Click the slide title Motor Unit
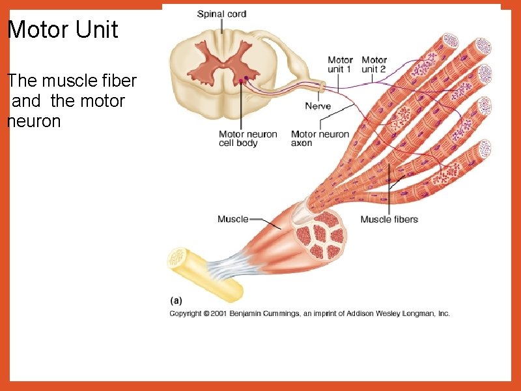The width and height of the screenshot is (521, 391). pos(63,30)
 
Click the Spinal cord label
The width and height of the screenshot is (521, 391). pos(221,14)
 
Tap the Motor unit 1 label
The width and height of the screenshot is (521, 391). pos(340,65)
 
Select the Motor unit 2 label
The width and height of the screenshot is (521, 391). pos(374,65)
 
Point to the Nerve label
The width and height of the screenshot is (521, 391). pos(318,106)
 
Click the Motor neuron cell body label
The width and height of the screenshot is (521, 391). pos(247,139)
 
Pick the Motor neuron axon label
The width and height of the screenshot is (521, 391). pos(320,139)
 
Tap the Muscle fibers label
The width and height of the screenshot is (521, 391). pos(389,219)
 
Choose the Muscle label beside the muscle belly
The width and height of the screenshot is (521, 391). pos(232,219)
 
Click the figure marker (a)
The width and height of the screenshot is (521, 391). pos(176,300)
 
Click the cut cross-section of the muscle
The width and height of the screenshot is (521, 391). pos(320,237)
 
